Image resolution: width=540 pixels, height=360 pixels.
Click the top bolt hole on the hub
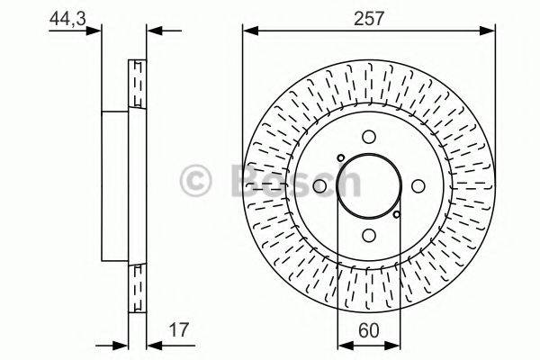pyautogui.click(x=369, y=138)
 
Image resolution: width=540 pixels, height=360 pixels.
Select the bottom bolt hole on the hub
pyautogui.click(x=369, y=232)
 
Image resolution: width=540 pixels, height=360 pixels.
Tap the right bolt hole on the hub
pyautogui.click(x=417, y=185)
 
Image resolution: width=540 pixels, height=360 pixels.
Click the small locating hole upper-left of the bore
pyautogui.click(x=340, y=158)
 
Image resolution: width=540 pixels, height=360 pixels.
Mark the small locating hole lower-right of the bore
pyautogui.click(x=397, y=213)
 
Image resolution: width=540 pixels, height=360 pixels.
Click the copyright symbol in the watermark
pyautogui.click(x=196, y=182)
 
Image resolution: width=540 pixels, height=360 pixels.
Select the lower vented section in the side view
pyautogui.click(x=138, y=285)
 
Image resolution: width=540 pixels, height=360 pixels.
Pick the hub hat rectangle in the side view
pyautogui.click(x=115, y=184)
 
